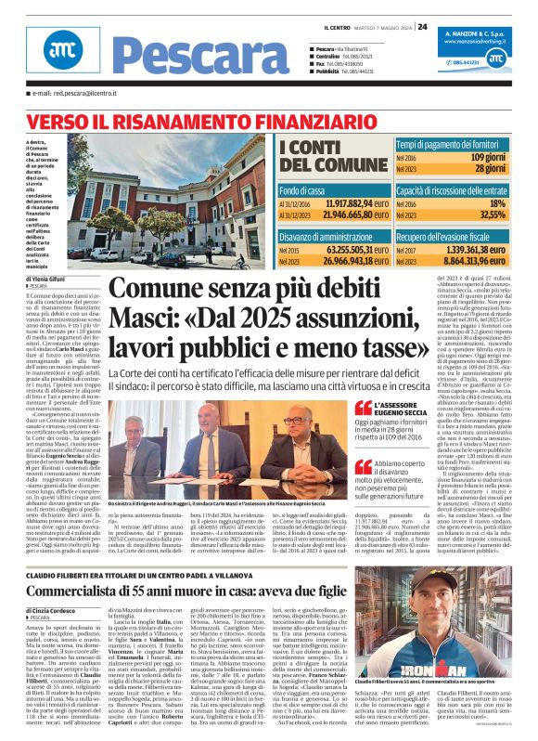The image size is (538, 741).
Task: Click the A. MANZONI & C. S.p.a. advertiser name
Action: click(486, 32)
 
